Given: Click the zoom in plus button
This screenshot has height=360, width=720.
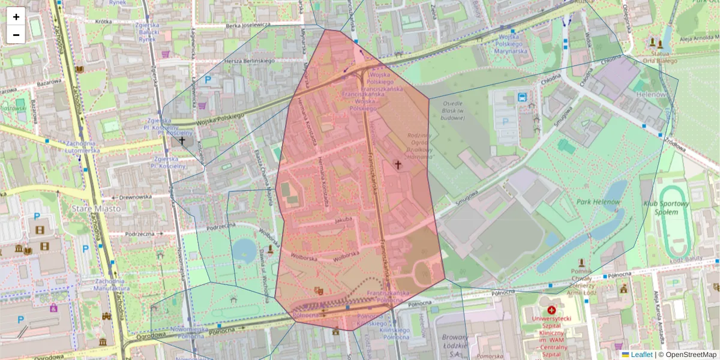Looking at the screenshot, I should click(x=16, y=17).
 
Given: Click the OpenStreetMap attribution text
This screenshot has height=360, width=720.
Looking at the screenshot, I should click(x=691, y=355).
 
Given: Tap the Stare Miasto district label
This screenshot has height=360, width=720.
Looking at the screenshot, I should click(x=96, y=209).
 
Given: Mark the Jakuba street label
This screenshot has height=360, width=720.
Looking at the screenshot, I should click(x=343, y=220).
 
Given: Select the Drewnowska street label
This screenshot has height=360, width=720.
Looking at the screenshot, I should click(x=136, y=196).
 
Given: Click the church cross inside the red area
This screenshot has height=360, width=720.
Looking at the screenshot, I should click(x=397, y=164).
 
